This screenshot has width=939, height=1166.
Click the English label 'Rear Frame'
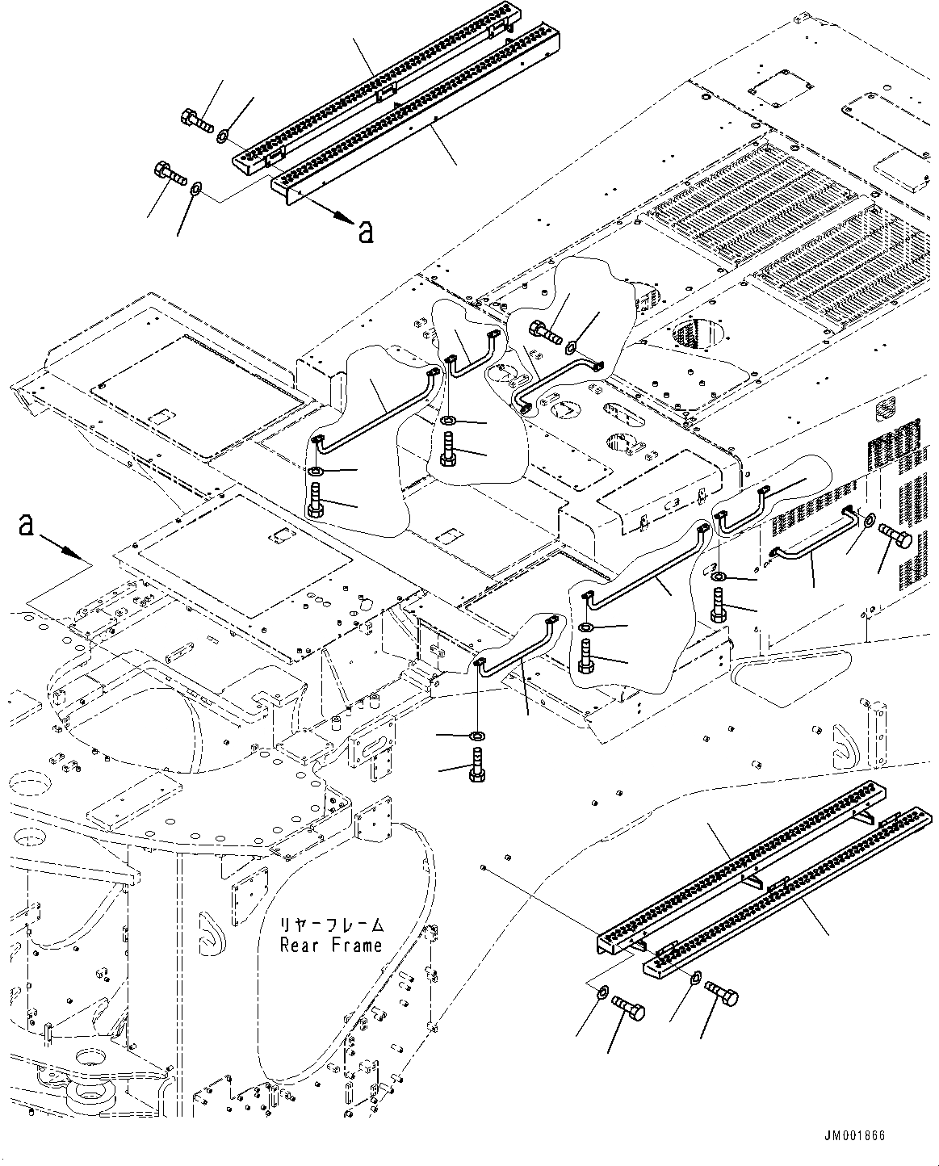[330, 944]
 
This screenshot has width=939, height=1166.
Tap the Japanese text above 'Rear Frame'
[330, 925]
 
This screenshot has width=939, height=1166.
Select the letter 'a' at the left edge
[27, 526]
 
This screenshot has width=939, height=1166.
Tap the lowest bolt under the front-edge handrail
[477, 764]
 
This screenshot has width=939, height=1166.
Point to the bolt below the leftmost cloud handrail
[316, 500]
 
